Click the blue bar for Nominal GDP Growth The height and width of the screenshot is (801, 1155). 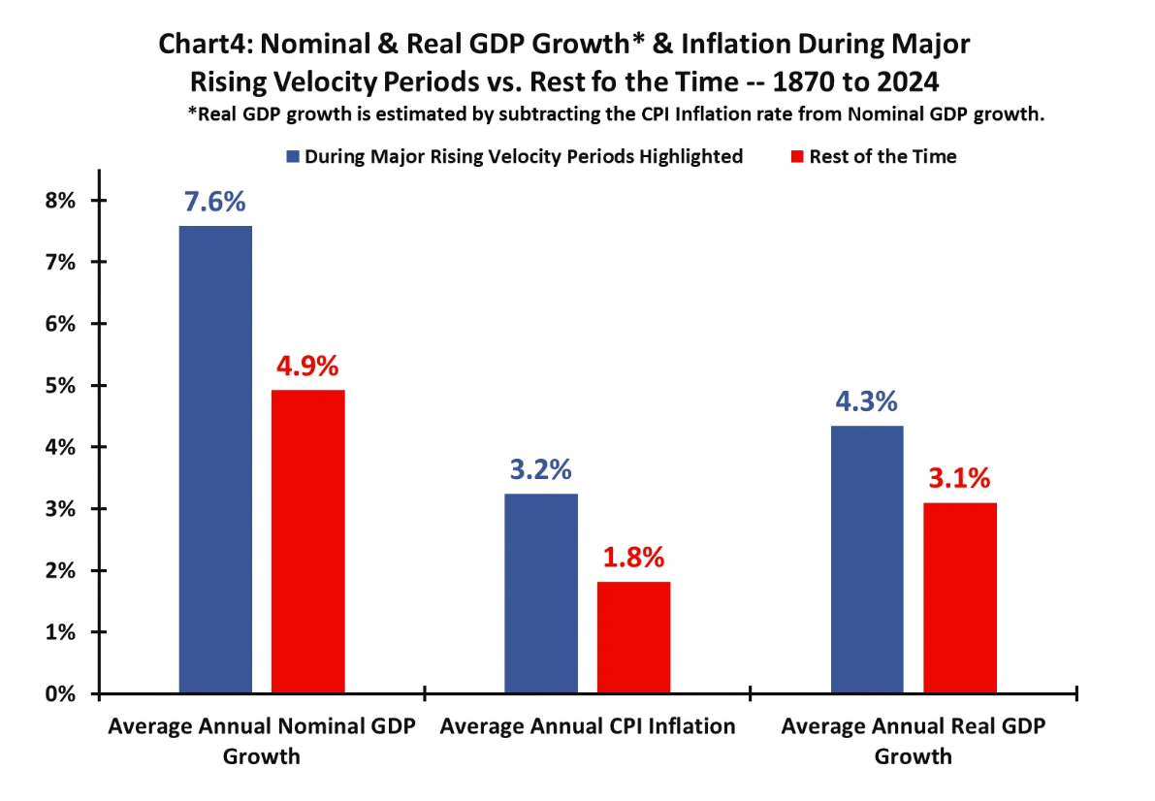(x=215, y=460)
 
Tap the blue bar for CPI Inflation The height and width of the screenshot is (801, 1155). (x=541, y=593)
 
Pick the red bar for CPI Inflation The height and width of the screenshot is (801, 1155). (x=633, y=637)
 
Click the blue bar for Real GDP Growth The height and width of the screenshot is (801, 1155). (x=867, y=560)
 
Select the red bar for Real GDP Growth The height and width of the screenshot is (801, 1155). (x=959, y=597)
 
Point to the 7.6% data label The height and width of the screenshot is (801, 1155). (x=215, y=203)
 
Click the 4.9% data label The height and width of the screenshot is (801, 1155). (x=307, y=367)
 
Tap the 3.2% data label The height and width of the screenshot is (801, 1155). (x=541, y=471)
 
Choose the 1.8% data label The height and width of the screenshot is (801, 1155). (x=633, y=558)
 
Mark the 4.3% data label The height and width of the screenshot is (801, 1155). (x=867, y=402)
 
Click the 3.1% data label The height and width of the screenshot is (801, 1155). (x=959, y=479)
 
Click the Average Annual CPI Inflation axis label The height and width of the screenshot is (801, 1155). (x=588, y=726)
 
